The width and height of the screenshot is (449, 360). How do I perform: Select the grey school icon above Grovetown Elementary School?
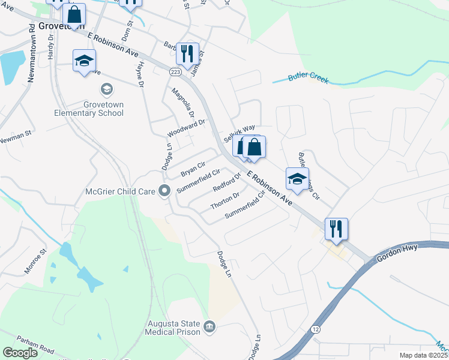click(x=106, y=90)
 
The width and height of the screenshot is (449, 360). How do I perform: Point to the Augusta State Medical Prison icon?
click(x=209, y=326)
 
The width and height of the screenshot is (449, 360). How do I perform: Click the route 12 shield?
click(x=315, y=329)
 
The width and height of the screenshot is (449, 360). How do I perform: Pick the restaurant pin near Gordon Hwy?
click(x=336, y=229)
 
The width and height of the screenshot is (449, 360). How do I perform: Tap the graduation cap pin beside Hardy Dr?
click(x=84, y=61)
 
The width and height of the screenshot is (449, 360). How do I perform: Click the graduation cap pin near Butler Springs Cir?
click(x=297, y=179)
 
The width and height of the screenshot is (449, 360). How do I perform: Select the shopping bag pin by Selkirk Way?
click(x=254, y=147)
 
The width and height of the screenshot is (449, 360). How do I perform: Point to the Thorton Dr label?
click(x=225, y=201)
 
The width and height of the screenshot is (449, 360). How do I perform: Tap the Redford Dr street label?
click(x=227, y=182)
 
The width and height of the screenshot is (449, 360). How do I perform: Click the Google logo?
click(x=20, y=353)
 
